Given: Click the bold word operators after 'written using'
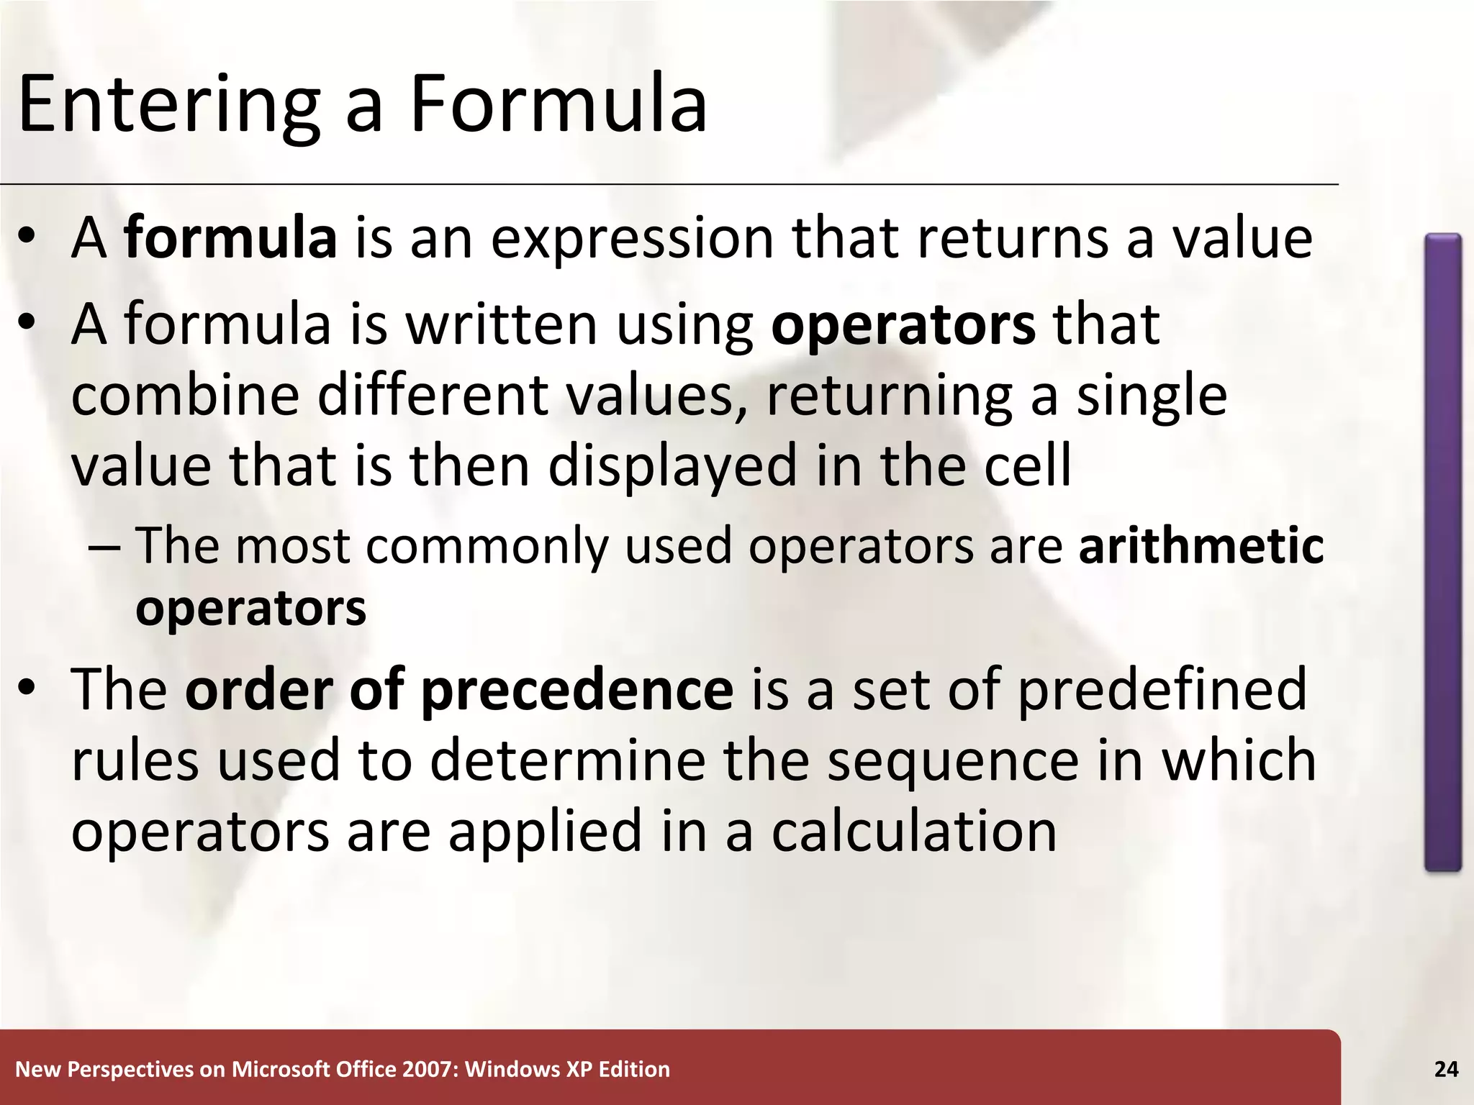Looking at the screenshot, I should (x=903, y=326).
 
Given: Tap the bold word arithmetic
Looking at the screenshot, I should (x=1201, y=545).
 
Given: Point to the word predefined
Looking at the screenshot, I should (x=1162, y=689).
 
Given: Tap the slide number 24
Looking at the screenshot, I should (x=1446, y=1070).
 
